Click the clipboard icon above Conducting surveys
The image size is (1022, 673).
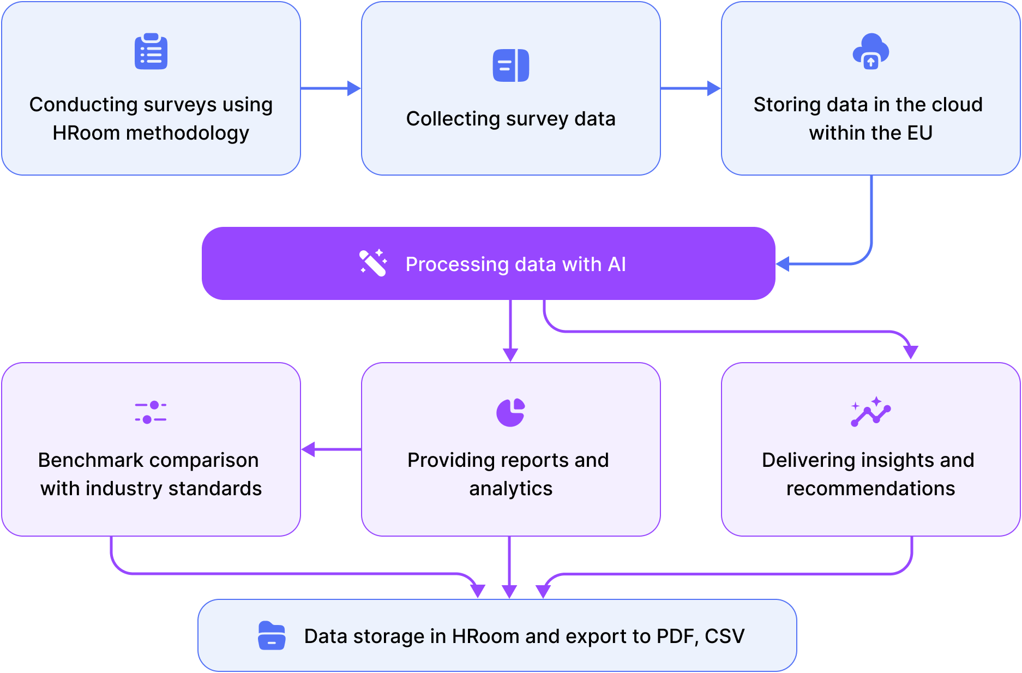tap(151, 52)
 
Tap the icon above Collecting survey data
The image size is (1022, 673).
tap(510, 65)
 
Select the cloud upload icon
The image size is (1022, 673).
tap(870, 52)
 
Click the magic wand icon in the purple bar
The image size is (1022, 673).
tap(374, 263)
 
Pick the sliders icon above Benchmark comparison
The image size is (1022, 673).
tap(151, 412)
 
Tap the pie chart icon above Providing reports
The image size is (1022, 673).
tap(510, 412)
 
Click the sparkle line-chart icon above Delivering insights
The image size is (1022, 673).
tap(870, 412)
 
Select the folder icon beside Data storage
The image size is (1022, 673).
tap(272, 636)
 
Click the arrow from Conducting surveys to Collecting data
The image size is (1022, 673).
tap(330, 88)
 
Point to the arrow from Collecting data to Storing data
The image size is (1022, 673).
tap(690, 88)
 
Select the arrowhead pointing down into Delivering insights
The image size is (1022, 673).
tap(911, 352)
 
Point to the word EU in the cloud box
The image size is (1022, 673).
tap(919, 133)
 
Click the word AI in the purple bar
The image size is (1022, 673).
tap(617, 265)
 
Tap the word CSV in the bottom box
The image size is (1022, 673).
tap(724, 636)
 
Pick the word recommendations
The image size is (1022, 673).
tap(870, 489)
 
